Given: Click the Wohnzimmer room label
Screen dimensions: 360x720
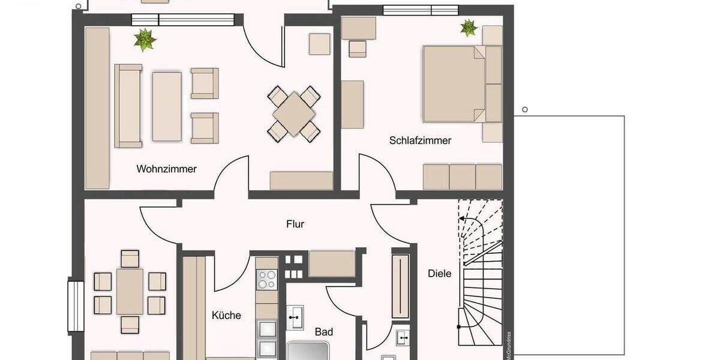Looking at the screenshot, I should [x=166, y=169].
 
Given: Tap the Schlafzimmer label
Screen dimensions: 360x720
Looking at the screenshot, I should [x=420, y=140].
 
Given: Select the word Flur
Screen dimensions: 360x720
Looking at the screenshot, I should [x=295, y=224].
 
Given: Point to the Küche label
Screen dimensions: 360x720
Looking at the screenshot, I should [x=226, y=315].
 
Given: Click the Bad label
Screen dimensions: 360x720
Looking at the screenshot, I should [x=324, y=331].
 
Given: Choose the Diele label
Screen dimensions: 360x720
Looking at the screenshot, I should [x=439, y=273].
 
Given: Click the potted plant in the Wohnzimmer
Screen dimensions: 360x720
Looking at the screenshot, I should [x=145, y=40].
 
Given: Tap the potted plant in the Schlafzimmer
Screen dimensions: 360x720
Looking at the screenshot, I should [x=467, y=27].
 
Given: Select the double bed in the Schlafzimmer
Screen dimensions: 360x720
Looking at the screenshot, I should [x=454, y=83].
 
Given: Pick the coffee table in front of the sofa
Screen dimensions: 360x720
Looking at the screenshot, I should [x=166, y=106].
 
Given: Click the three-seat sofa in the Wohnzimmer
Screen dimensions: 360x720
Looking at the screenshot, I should [x=128, y=106].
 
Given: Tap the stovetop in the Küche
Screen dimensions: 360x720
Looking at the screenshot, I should [x=266, y=280].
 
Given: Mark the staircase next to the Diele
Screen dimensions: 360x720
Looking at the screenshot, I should [x=480, y=273].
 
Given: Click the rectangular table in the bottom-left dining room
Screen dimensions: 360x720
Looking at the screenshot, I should [x=130, y=292].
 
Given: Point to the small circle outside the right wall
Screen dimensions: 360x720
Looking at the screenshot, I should [x=525, y=109].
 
